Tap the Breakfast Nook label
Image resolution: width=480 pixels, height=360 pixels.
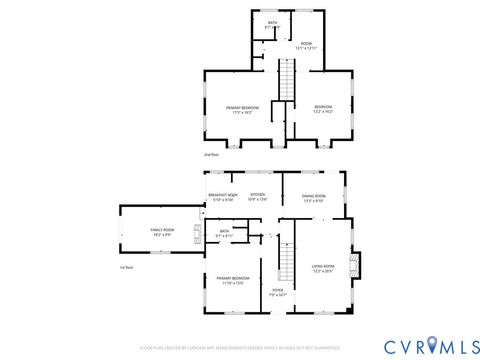click(222, 197)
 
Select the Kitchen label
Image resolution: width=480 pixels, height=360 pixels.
click(258, 197)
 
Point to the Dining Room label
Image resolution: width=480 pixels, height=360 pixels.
click(314, 197)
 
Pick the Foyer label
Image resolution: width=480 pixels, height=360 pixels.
click(278, 293)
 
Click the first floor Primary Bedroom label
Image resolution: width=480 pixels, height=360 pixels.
click(232, 280)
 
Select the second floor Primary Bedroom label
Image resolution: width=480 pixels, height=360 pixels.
click(242, 109)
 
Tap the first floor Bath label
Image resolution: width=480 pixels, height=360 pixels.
click(224, 234)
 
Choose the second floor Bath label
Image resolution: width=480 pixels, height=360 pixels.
click(272, 24)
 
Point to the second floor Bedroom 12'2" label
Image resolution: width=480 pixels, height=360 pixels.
click(323, 109)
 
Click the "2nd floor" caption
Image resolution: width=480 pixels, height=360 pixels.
click(212, 155)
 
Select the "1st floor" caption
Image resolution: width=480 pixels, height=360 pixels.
click(127, 268)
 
